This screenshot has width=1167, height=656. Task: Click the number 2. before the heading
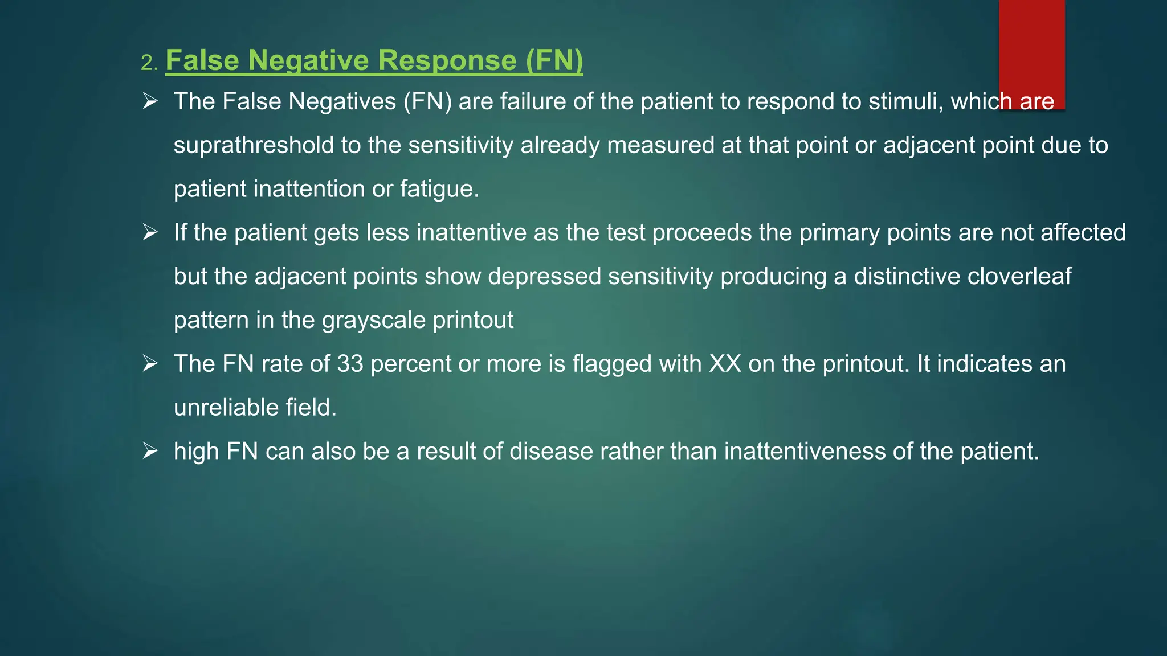[x=149, y=63]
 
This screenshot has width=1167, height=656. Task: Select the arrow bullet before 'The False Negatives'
[x=150, y=101]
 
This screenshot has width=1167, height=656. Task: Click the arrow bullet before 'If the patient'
[x=150, y=232]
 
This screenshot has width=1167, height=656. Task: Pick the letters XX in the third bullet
[x=725, y=364]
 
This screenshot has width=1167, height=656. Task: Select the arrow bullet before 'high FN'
[x=150, y=452]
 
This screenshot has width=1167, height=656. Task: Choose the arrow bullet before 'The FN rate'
[x=150, y=364]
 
